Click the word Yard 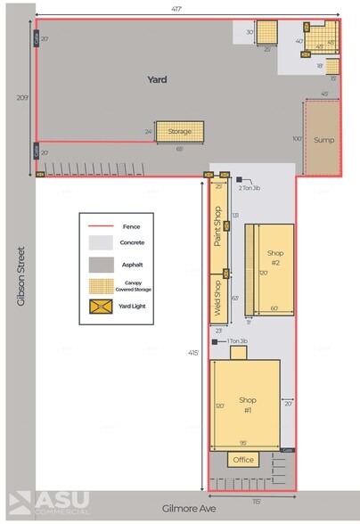pyautogui.click(x=158, y=80)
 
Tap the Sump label pyautogui.click(x=323, y=140)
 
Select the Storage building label pyautogui.click(x=180, y=132)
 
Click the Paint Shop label pyautogui.click(x=216, y=225)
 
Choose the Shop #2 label pyautogui.click(x=275, y=258)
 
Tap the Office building pyautogui.click(x=242, y=460)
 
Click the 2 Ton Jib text pyautogui.click(x=250, y=188)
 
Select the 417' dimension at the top pyautogui.click(x=187, y=8)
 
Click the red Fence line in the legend pyautogui.click(x=101, y=226)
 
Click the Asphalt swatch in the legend pyautogui.click(x=101, y=264)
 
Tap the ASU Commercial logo pyautogui.click(x=49, y=504)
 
